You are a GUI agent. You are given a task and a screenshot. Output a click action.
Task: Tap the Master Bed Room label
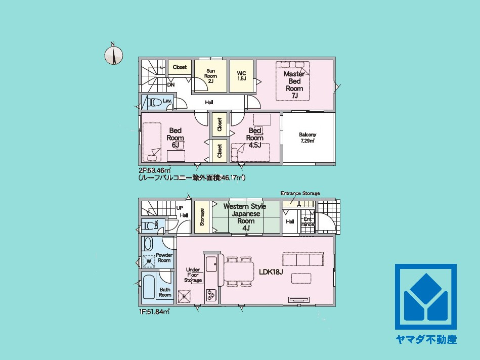point(294,85)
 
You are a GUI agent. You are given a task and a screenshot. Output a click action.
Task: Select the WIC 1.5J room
point(242,76)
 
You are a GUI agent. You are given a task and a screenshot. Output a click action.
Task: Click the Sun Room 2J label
point(210,76)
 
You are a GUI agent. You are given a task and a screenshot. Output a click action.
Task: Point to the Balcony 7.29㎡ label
point(308,138)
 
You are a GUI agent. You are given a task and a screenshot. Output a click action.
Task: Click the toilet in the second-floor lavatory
point(155,103)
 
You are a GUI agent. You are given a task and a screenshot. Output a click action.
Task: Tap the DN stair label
point(171,84)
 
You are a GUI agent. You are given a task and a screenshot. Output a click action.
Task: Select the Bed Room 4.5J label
point(255,138)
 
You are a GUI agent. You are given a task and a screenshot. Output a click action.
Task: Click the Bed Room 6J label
point(176,138)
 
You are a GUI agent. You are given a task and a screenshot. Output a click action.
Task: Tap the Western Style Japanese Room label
point(245,217)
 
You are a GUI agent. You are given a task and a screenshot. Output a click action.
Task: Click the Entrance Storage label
point(300,193)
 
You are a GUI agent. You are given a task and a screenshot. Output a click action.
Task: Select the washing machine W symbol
point(149,261)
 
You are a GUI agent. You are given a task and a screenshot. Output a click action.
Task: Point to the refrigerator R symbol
point(184,296)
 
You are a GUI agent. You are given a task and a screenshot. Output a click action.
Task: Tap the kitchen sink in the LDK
point(211,264)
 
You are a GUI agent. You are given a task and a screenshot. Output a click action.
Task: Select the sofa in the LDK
point(303,259)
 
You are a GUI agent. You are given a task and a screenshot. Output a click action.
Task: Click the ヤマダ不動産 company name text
point(426,339)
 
